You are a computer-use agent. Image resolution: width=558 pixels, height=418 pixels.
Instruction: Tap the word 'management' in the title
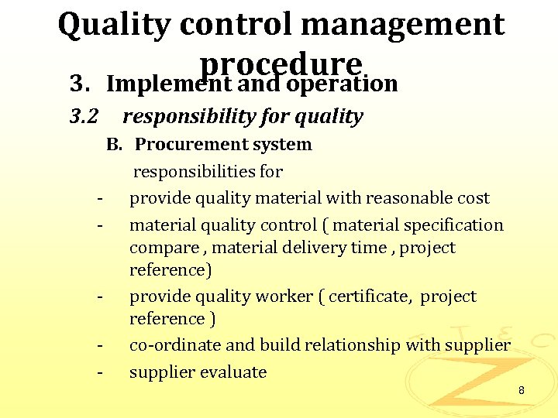click(x=408, y=25)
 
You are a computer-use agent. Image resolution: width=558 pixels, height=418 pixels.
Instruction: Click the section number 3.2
click(x=83, y=117)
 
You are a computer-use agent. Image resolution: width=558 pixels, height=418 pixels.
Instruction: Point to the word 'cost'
click(x=475, y=198)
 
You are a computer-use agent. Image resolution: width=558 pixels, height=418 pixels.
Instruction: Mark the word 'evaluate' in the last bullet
click(x=232, y=372)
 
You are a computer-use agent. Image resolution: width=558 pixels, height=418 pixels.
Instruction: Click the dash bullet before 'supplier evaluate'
click(x=100, y=372)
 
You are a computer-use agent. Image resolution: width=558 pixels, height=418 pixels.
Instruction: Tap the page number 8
click(x=522, y=391)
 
